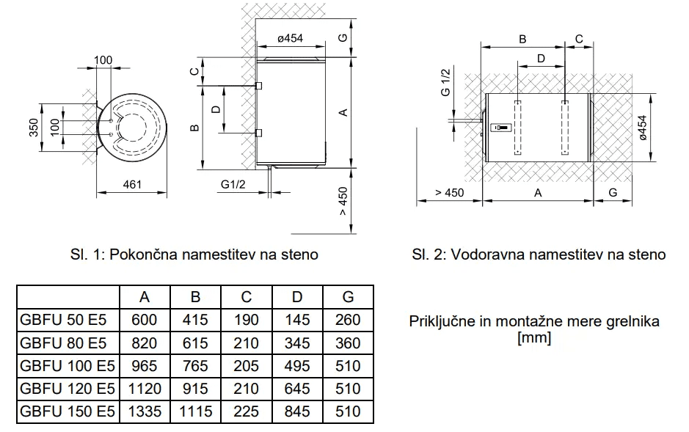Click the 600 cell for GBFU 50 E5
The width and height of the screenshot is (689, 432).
pyautogui.click(x=145, y=320)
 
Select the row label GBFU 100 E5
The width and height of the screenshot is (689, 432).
pyautogui.click(x=69, y=365)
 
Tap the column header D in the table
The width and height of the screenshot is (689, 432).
pyautogui.click(x=297, y=296)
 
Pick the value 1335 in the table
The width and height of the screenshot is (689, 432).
pyautogui.click(x=145, y=411)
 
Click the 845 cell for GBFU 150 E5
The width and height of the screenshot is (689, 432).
pyautogui.click(x=297, y=411)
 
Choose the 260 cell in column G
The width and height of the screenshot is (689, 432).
pyautogui.click(x=348, y=320)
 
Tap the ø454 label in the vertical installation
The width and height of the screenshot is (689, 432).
pyautogui.click(x=291, y=39)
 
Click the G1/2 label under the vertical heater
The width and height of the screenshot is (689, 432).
pyautogui.click(x=233, y=184)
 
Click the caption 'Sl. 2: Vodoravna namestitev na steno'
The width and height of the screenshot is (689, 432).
pyautogui.click(x=539, y=255)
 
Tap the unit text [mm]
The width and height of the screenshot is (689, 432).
pyautogui.click(x=533, y=338)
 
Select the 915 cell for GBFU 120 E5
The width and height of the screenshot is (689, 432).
pyautogui.click(x=195, y=388)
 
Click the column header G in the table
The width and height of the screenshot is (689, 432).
pyautogui.click(x=348, y=296)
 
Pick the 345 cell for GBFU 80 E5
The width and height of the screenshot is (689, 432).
pyautogui.click(x=297, y=343)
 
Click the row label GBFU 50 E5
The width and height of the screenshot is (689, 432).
pyautogui.click(x=65, y=320)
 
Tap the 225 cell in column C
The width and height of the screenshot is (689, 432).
pyautogui.click(x=247, y=411)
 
